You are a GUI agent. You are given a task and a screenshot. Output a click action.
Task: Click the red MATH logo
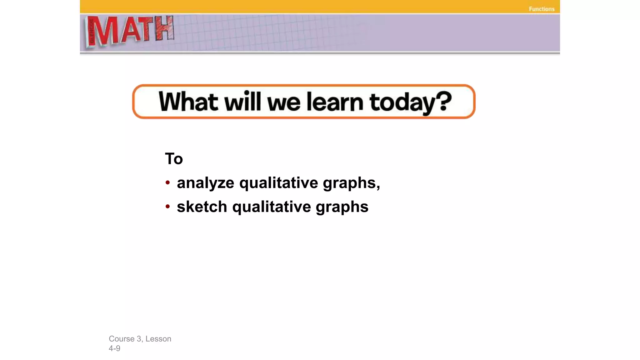pos(129,31)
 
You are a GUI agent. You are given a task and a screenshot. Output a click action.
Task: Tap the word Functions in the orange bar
pos(542,9)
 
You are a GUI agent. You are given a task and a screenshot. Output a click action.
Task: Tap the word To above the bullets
pos(174,159)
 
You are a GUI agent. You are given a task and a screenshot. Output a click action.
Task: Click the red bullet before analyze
pos(168,182)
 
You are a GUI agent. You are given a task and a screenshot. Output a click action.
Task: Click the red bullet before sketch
pos(168,207)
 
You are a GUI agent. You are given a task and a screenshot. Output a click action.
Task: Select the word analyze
pos(205,183)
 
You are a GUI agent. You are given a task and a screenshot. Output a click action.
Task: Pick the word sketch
pos(202,207)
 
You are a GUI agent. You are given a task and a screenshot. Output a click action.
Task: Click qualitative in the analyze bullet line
pos(278,183)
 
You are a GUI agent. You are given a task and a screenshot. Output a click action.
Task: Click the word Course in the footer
pos(122,339)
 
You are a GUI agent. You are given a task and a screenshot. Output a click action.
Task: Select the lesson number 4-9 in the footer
pos(114,348)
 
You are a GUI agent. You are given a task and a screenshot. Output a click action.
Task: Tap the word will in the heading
pos(242,101)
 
